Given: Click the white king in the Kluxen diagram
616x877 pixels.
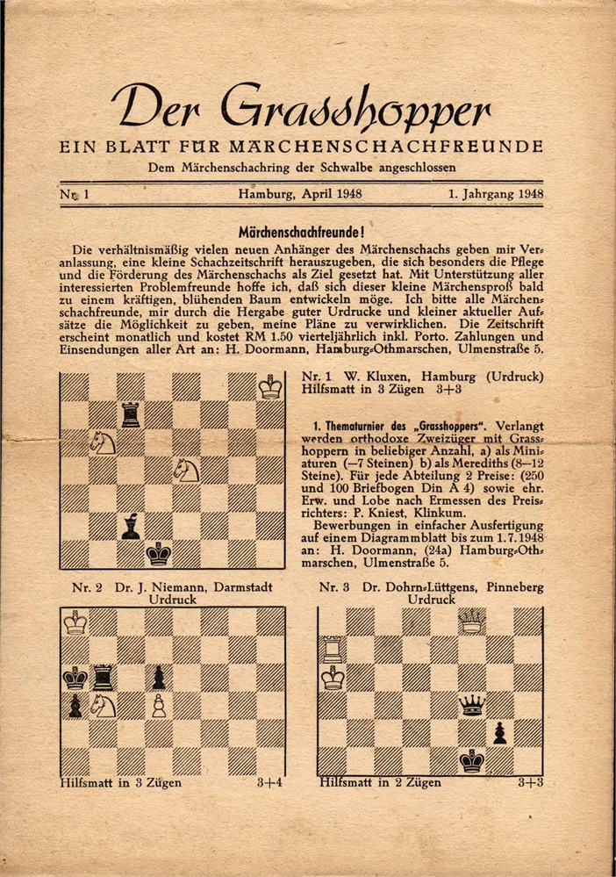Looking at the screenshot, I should [x=270, y=386].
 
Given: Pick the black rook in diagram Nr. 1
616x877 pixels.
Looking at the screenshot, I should [x=131, y=413].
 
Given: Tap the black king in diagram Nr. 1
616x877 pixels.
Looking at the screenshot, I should [x=159, y=553].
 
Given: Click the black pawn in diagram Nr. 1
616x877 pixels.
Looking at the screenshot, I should [x=131, y=526].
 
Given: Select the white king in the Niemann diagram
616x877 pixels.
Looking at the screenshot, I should [x=75, y=622].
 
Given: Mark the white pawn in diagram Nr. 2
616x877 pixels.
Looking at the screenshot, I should [x=159, y=705].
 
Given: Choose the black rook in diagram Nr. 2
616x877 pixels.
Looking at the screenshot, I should [x=104, y=678].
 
